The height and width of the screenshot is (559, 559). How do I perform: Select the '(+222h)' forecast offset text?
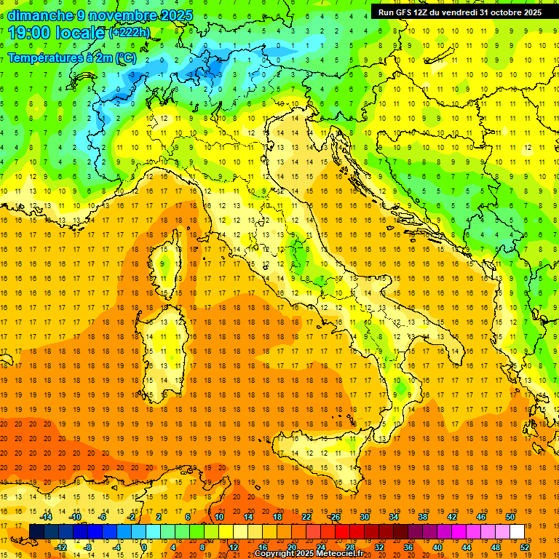[x=129, y=33]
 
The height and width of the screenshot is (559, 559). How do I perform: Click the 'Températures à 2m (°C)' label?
[x=72, y=58]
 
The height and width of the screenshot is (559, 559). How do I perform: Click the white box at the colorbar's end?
[x=517, y=531]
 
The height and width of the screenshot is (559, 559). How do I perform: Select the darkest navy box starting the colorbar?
[x=36, y=531]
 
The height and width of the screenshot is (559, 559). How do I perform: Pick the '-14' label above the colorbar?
[x=46, y=517]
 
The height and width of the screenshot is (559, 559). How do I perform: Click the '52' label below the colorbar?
[x=525, y=547]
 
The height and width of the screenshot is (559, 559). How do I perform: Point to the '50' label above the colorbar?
[x=510, y=517]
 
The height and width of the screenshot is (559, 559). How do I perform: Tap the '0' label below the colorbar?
[x=144, y=547]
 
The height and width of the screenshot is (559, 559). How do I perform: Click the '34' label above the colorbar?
[x=394, y=517]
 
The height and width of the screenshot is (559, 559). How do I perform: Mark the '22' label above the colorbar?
[x=306, y=517]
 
